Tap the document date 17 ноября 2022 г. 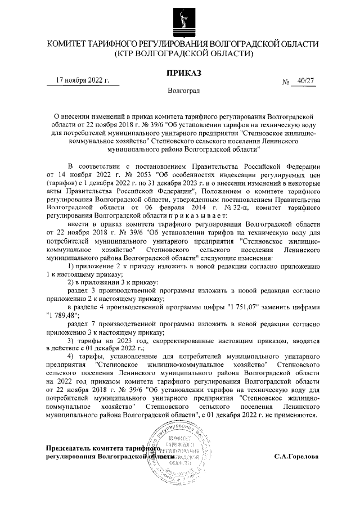point(83,80)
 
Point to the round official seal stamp point(179,454)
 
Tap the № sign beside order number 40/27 point(285,83)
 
